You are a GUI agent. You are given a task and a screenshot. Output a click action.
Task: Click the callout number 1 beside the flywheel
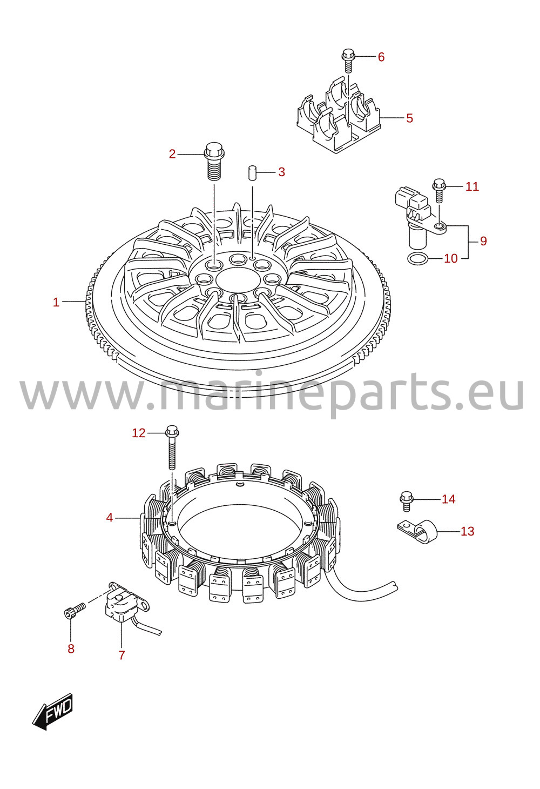56,302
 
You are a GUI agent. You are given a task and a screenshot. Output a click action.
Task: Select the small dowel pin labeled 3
252,172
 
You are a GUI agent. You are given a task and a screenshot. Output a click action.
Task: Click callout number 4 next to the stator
110,518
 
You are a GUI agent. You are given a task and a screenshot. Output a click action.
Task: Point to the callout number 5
409,118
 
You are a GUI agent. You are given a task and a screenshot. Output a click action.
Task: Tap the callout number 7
122,655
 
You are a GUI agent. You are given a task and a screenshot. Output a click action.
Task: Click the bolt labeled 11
439,190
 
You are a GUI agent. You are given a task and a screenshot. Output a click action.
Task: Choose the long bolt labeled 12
172,447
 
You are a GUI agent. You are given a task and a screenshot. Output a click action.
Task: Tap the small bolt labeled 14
406,501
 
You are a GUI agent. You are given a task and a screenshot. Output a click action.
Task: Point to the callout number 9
483,241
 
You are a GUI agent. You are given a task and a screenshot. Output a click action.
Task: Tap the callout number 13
468,531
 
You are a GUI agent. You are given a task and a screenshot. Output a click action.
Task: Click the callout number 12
139,433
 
